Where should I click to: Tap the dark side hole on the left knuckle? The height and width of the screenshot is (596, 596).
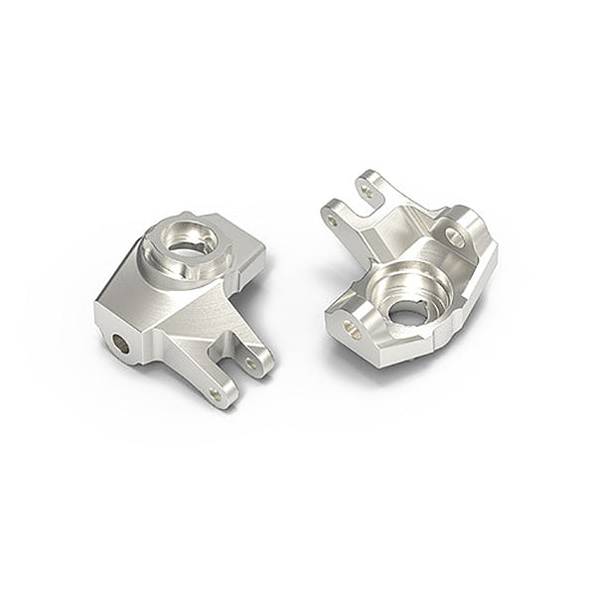(121, 343)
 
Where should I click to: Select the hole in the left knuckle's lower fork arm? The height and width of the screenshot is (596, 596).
(216, 393)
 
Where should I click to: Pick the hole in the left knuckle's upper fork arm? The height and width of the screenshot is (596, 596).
(250, 364)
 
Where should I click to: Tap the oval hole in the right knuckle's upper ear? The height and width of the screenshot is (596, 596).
(454, 236)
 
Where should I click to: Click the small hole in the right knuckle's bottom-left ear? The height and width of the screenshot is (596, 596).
(350, 328)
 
